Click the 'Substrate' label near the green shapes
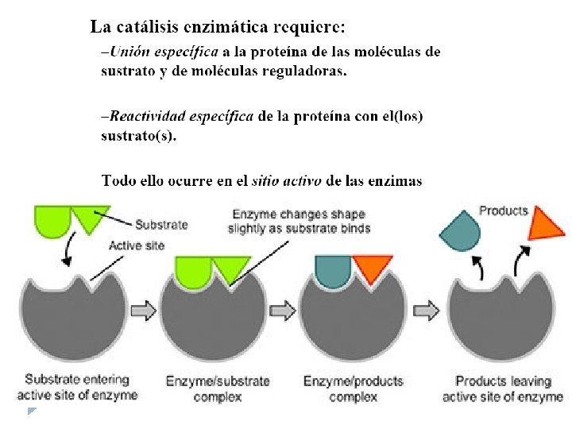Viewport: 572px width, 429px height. tap(161, 225)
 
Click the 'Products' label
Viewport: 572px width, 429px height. tap(503, 211)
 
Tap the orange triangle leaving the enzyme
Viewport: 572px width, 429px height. tap(547, 223)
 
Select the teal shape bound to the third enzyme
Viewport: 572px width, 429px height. tap(333, 269)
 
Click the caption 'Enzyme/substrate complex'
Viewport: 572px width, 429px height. tap(217, 388)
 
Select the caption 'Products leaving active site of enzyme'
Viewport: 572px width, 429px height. tap(502, 388)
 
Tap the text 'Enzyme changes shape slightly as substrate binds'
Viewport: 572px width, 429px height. tap(300, 221)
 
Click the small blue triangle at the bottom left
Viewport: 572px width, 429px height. tap(32, 411)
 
